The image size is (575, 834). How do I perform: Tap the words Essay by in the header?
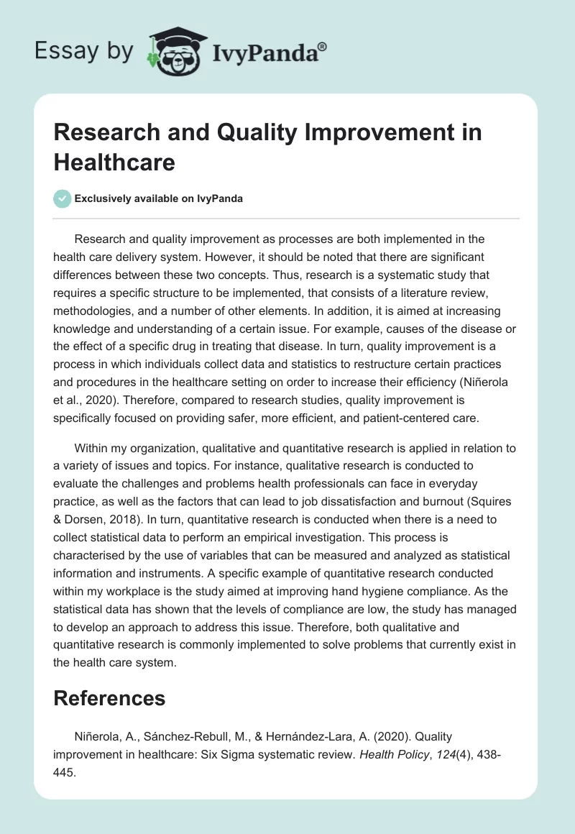pyautogui.click(x=83, y=52)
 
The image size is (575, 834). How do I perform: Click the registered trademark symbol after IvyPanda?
pyautogui.click(x=322, y=46)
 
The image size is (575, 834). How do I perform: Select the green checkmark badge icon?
pyautogui.click(x=63, y=198)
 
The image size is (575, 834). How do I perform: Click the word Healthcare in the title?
pyautogui.click(x=114, y=162)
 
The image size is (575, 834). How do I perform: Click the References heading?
pyautogui.click(x=109, y=697)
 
